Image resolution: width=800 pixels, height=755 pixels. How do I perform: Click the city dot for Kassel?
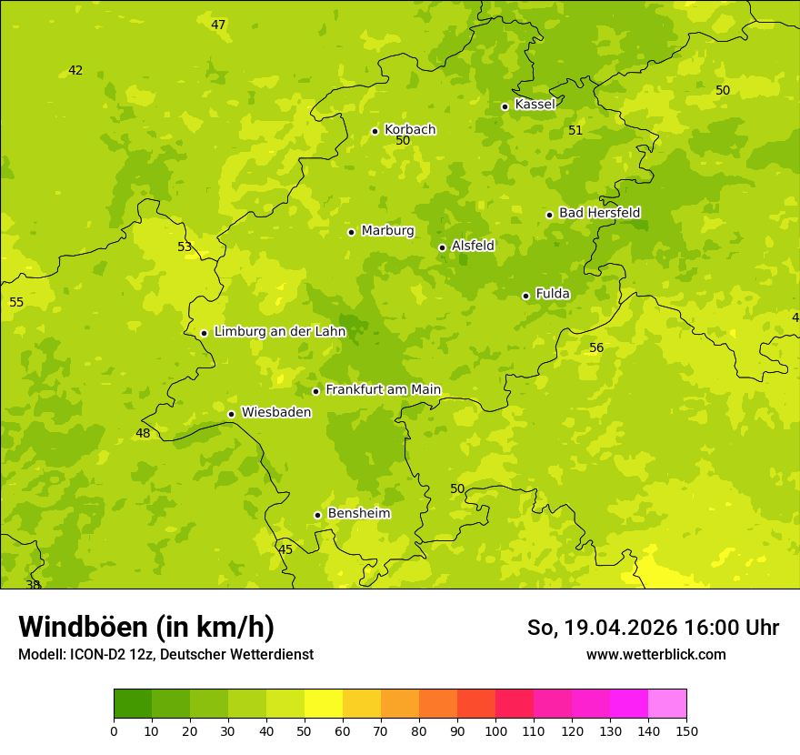(x=505, y=106)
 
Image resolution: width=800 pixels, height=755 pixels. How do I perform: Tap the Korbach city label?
(x=410, y=129)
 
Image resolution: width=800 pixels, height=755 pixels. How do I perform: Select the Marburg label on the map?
(x=387, y=230)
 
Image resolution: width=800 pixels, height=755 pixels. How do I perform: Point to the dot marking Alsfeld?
(x=442, y=247)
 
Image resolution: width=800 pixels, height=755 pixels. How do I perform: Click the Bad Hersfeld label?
(x=599, y=213)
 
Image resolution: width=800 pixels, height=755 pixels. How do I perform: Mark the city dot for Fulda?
(x=525, y=296)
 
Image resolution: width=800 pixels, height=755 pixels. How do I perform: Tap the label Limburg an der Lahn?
(x=279, y=331)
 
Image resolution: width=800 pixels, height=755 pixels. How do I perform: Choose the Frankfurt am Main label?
(x=383, y=389)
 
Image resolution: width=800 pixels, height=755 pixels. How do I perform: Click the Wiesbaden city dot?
(x=231, y=414)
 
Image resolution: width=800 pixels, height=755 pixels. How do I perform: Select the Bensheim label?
(x=358, y=513)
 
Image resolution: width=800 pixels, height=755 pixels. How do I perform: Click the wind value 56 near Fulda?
(x=596, y=347)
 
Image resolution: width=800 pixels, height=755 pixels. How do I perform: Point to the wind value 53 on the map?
(x=185, y=247)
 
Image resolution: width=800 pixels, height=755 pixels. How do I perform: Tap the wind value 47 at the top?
(x=218, y=25)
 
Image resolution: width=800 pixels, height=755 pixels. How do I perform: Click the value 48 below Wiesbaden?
(x=143, y=433)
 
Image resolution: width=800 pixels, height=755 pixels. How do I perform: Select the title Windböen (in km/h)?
(x=146, y=627)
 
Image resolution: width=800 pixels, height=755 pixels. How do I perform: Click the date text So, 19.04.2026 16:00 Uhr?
(x=653, y=628)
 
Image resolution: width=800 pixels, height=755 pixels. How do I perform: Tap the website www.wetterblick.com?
(x=655, y=654)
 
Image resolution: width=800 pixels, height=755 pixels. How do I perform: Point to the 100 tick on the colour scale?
(x=495, y=730)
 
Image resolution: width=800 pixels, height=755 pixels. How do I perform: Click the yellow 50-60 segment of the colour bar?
(x=324, y=704)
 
